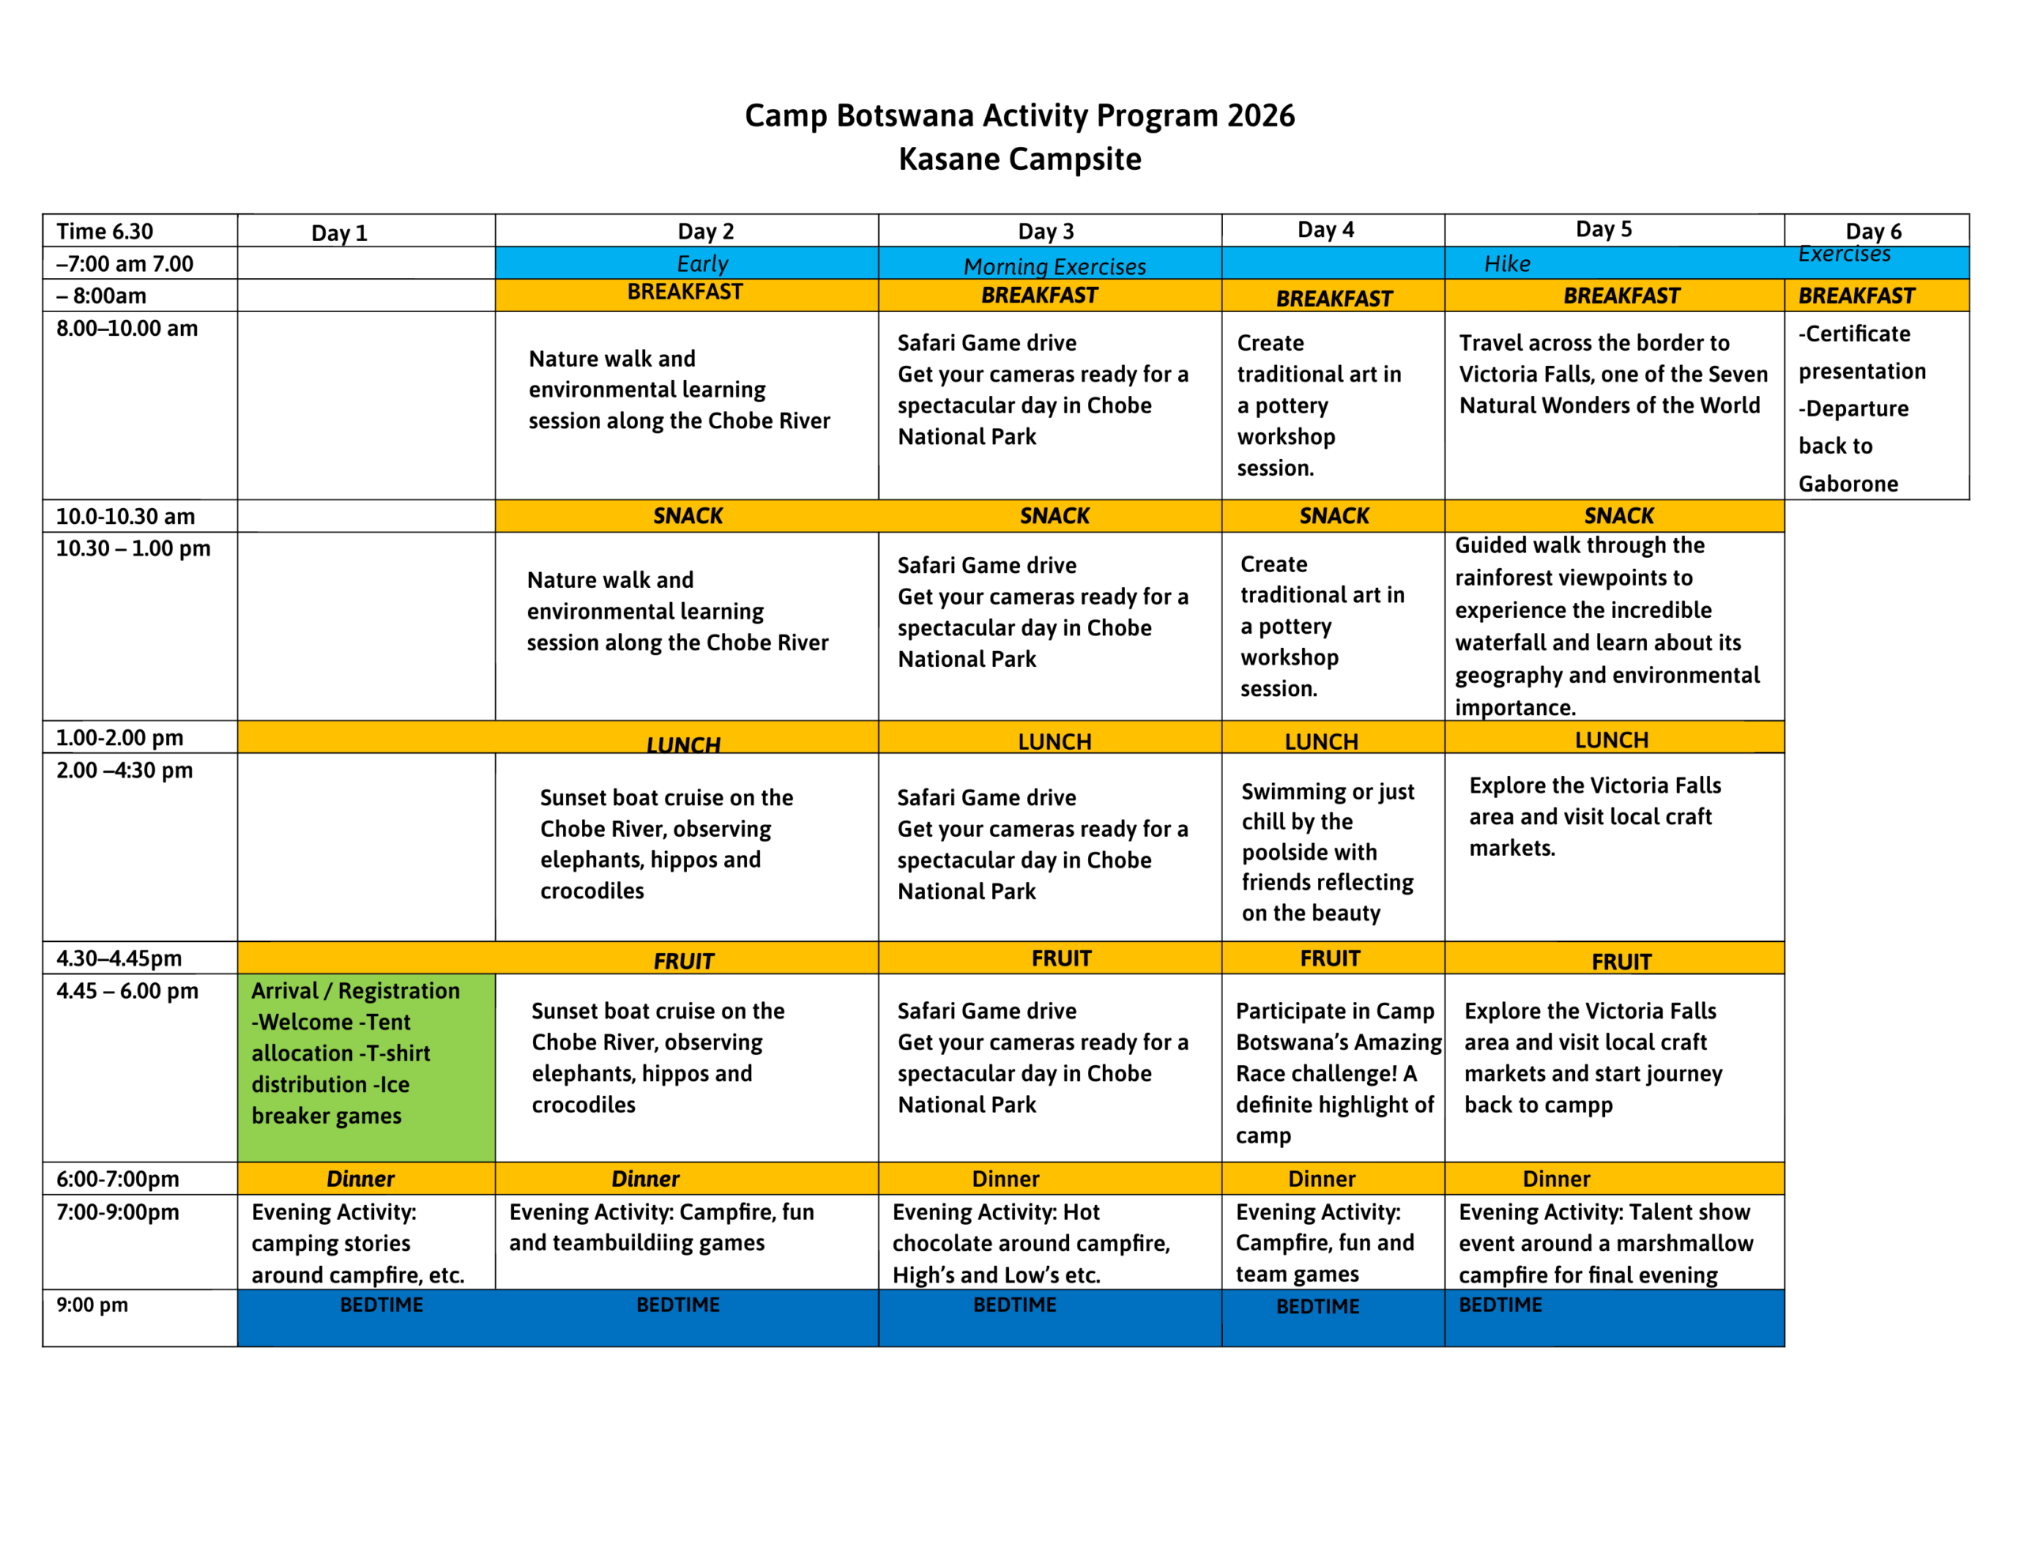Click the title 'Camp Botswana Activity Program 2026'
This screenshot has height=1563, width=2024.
[x=1019, y=116]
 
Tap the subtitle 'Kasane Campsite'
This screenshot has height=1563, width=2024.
[x=1019, y=160]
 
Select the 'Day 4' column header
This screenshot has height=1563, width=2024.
[x=1325, y=230]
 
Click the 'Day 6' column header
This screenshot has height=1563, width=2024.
[x=1873, y=232]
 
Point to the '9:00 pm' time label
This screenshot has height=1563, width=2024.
[x=92, y=1305]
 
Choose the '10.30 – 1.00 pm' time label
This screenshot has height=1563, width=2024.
[x=133, y=548]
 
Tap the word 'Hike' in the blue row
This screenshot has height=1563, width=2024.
[x=1507, y=264]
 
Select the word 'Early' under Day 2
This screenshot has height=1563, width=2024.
[x=702, y=264]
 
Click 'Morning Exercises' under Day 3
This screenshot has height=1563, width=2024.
[x=1055, y=267]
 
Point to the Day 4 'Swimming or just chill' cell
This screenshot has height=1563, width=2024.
[x=1328, y=852]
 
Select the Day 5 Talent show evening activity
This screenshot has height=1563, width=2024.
[x=1605, y=1243]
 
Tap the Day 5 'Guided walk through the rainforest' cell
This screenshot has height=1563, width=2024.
[x=1606, y=627]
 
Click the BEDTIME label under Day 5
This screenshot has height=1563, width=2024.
[x=1501, y=1305]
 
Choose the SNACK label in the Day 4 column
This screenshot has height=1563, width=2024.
[x=1334, y=516]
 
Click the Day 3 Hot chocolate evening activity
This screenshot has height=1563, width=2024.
[x=1030, y=1243]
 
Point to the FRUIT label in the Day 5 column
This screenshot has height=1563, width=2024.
[x=1621, y=962]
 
